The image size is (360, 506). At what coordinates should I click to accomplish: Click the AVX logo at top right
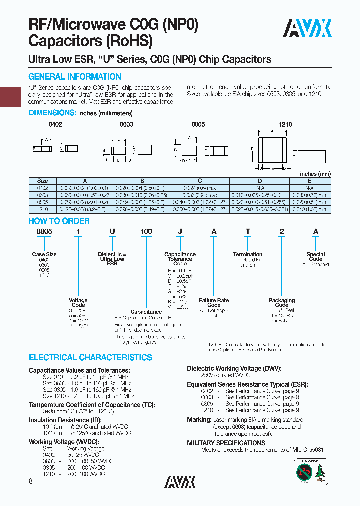click(x=307, y=28)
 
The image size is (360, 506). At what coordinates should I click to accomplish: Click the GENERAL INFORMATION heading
click(x=75, y=77)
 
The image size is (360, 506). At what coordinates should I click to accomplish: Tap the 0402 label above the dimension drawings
click(x=55, y=124)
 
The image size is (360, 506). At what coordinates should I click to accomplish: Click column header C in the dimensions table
click(x=200, y=181)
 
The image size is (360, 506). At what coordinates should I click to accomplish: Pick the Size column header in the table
click(x=42, y=181)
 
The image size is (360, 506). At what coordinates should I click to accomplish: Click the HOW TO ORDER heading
click(x=59, y=221)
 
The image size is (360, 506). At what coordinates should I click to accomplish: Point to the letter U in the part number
click(x=113, y=231)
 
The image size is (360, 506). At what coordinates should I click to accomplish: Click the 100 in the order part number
click(x=146, y=231)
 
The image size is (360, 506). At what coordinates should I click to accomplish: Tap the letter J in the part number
click(x=180, y=231)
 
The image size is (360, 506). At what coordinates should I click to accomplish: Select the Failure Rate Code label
click(x=214, y=302)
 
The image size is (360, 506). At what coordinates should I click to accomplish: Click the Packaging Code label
click(x=282, y=302)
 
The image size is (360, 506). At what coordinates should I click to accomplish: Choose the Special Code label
click(x=316, y=256)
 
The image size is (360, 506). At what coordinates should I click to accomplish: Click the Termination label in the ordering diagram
click(x=248, y=254)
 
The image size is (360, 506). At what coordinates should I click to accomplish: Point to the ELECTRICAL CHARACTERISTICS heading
click(x=90, y=358)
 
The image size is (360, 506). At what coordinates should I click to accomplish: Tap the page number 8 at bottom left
click(x=31, y=481)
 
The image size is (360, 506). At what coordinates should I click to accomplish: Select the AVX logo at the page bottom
click(x=180, y=482)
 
